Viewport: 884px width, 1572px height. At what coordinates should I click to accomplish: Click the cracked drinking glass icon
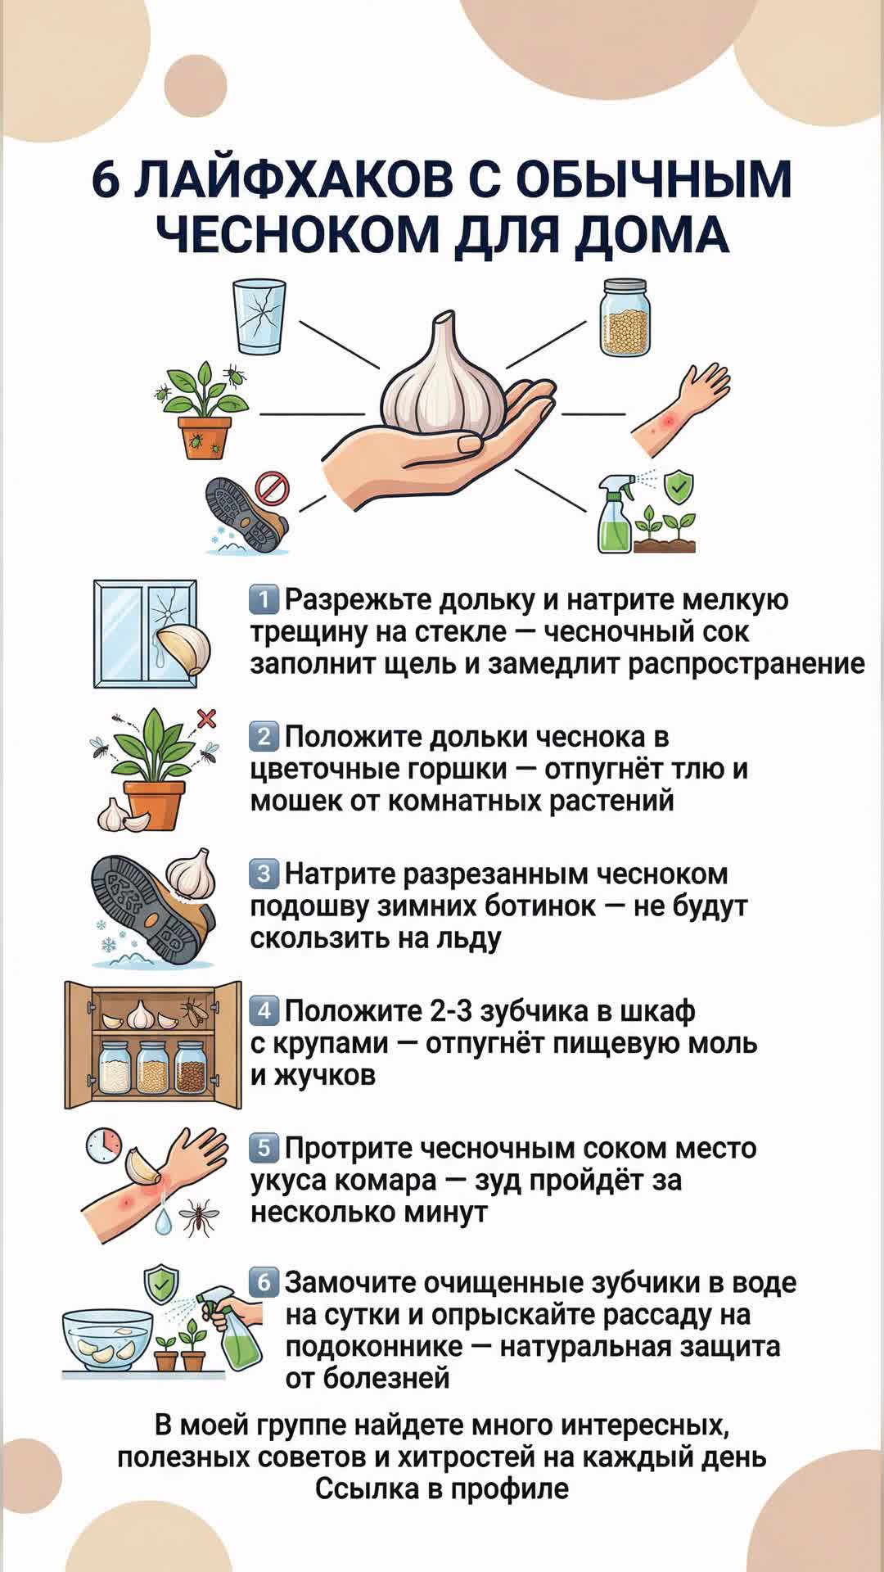point(259,317)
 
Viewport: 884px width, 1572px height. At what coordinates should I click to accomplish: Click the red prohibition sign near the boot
point(272,488)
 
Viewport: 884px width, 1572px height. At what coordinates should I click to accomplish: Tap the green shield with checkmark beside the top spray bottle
point(677,488)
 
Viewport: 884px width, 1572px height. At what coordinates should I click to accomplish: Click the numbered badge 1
point(264,600)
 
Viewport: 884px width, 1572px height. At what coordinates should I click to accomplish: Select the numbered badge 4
point(264,1011)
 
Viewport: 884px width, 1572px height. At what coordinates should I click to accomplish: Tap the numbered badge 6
point(264,1281)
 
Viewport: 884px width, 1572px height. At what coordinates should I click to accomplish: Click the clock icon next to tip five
point(105,1145)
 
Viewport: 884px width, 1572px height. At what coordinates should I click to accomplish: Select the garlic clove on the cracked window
point(183,650)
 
